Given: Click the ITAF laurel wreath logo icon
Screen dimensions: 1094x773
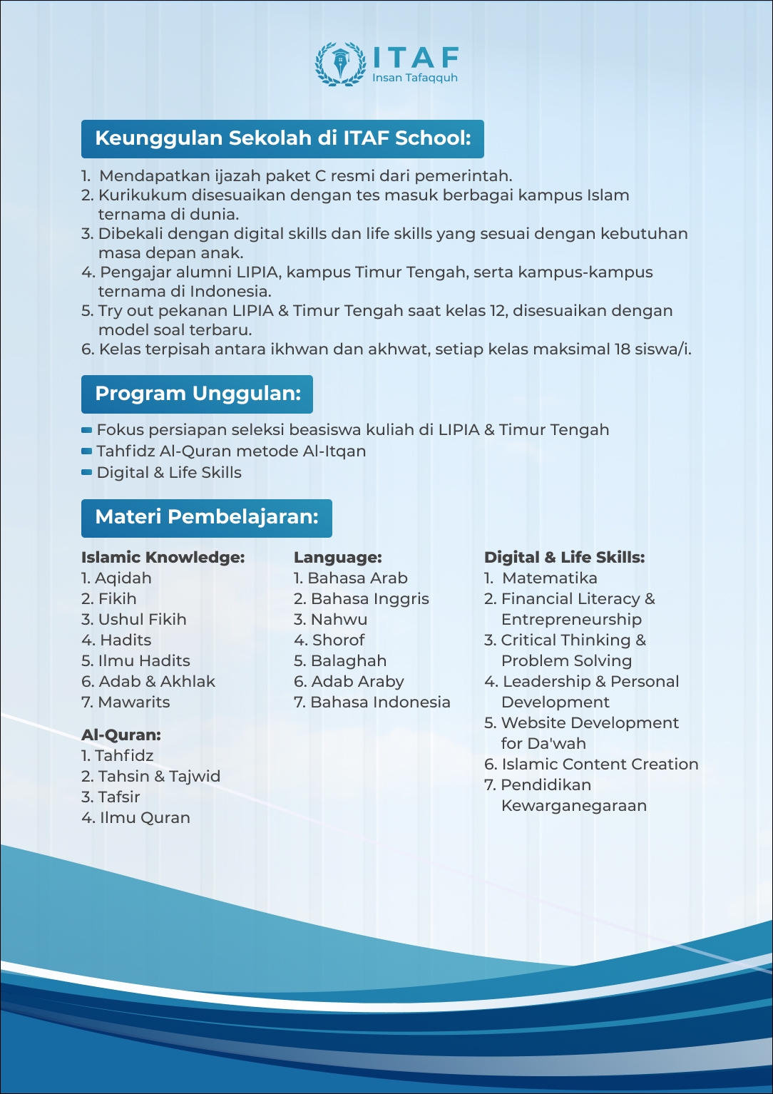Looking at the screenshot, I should [x=341, y=64].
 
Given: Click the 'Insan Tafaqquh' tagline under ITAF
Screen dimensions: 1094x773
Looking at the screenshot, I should [x=414, y=78].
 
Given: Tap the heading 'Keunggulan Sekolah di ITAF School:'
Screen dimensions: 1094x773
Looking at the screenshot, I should [x=282, y=138].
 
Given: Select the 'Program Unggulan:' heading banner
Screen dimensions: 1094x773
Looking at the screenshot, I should [x=198, y=394].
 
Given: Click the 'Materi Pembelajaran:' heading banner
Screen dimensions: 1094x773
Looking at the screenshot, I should [x=207, y=517].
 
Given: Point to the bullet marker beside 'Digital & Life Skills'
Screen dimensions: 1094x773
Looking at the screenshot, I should [x=87, y=472].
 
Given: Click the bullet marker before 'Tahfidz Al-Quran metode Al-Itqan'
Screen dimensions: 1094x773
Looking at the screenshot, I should [x=87, y=451].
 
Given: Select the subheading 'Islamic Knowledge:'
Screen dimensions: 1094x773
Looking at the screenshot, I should [x=163, y=558].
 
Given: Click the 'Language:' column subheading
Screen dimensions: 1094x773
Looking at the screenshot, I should [x=337, y=558].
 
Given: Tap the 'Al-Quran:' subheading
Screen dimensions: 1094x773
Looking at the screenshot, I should [x=121, y=735].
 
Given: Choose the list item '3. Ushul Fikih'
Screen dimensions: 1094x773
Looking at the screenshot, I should [x=134, y=620].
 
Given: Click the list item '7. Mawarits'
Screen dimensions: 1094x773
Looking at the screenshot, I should [x=126, y=702].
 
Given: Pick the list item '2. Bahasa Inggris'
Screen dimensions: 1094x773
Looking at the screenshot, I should [x=362, y=599].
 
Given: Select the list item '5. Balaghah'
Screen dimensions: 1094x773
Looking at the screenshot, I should [x=340, y=661].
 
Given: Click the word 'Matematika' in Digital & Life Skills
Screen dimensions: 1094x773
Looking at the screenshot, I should [x=549, y=578].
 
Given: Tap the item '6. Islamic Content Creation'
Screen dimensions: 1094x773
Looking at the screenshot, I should [x=591, y=765].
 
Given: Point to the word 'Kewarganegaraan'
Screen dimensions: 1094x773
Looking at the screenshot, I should [x=573, y=806].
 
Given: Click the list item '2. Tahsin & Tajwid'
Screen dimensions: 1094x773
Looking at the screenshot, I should [x=150, y=777].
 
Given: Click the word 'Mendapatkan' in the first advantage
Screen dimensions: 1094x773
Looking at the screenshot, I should [x=155, y=176].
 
